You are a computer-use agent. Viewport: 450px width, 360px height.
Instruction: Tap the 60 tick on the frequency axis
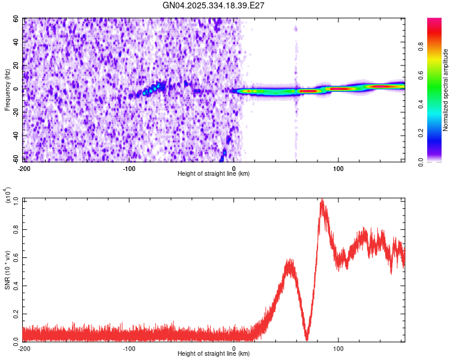coord(16,19)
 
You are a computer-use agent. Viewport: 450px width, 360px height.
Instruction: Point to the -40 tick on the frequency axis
coord(14,136)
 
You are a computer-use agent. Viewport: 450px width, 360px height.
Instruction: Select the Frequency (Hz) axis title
coord(7,90)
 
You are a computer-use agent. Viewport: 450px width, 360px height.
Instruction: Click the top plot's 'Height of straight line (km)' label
coord(214,173)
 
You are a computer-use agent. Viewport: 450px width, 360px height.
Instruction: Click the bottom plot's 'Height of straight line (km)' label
coord(214,353)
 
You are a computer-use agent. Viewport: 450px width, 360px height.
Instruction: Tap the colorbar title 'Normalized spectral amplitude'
coord(446,90)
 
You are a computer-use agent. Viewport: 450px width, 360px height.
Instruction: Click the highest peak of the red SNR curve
coord(322,200)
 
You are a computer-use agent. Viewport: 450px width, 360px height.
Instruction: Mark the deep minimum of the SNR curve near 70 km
coord(307,339)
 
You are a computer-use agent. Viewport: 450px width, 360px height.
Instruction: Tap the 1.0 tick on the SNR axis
coord(16,200)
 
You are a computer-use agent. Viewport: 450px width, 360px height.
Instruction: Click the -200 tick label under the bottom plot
coord(24,348)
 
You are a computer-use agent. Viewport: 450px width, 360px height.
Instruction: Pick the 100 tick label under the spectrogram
coord(338,168)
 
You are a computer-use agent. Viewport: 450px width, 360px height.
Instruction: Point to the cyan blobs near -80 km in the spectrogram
coord(153,89)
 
